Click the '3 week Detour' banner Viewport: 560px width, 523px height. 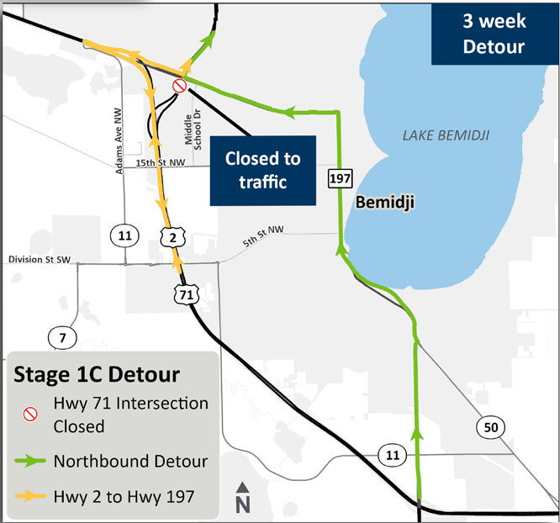(494, 34)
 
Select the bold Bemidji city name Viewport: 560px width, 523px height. (387, 203)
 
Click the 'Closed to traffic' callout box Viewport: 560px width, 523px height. (262, 170)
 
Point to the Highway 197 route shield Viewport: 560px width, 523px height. (340, 178)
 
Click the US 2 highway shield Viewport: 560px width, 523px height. (172, 239)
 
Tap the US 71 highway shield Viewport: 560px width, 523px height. (185, 293)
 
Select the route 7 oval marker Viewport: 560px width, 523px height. (61, 338)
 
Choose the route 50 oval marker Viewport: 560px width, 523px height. (490, 426)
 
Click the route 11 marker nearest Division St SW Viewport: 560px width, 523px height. (124, 235)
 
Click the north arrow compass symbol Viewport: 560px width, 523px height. (242, 498)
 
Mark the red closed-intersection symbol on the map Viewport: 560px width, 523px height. (178, 86)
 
